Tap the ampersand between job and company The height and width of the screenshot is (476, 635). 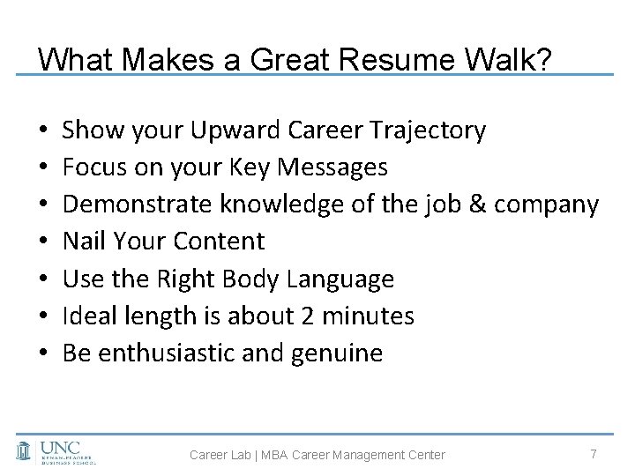pos(477,205)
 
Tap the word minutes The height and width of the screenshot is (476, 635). pos(373,316)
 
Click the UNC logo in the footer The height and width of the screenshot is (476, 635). pos(56,450)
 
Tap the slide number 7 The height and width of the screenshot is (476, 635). pos(594,453)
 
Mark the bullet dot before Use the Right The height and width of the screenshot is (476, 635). pos(43,280)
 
